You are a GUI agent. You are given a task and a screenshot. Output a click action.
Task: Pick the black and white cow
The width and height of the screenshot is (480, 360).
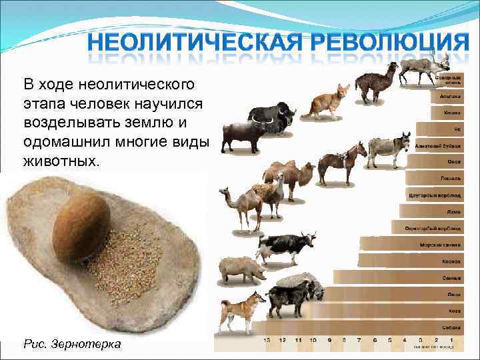coord(283,248)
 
